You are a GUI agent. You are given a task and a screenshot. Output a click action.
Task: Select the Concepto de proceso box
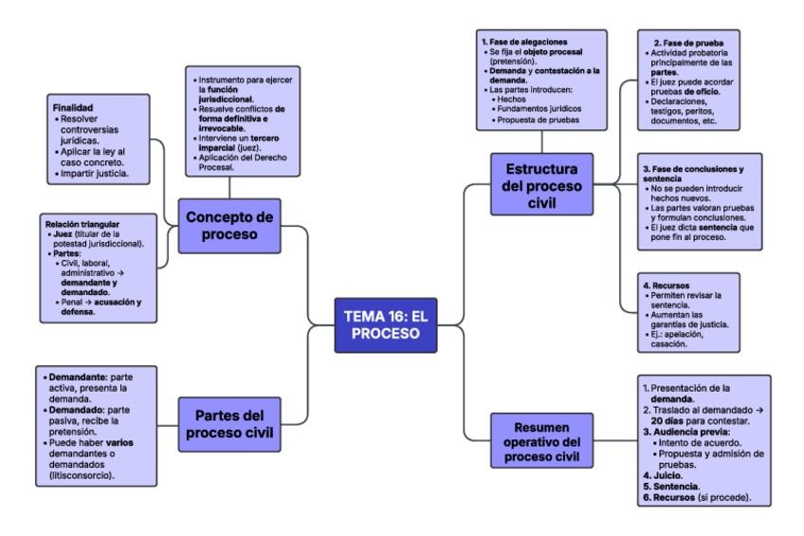(x=228, y=225)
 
